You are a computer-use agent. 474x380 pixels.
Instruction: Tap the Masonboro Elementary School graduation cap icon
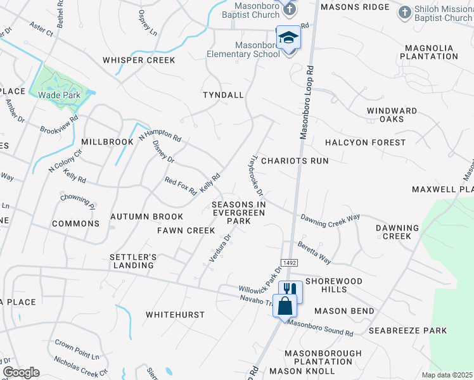click(288, 38)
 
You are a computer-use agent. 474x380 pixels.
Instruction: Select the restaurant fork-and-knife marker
click(290, 289)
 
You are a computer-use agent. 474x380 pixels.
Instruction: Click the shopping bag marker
click(285, 306)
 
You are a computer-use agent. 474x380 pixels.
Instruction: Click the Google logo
click(21, 372)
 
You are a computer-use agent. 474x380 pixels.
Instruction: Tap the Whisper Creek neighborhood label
click(139, 60)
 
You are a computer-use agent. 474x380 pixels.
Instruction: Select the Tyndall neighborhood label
click(223, 95)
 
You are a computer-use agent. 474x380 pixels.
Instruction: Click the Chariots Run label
click(295, 161)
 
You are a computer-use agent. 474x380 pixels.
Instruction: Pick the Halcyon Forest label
click(365, 142)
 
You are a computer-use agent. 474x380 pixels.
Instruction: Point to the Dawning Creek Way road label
click(330, 217)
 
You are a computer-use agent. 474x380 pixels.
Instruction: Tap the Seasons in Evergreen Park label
click(239, 213)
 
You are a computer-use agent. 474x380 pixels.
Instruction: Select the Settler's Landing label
click(132, 261)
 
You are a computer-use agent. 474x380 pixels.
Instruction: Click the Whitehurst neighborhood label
click(176, 315)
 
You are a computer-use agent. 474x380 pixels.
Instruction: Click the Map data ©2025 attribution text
click(447, 375)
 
